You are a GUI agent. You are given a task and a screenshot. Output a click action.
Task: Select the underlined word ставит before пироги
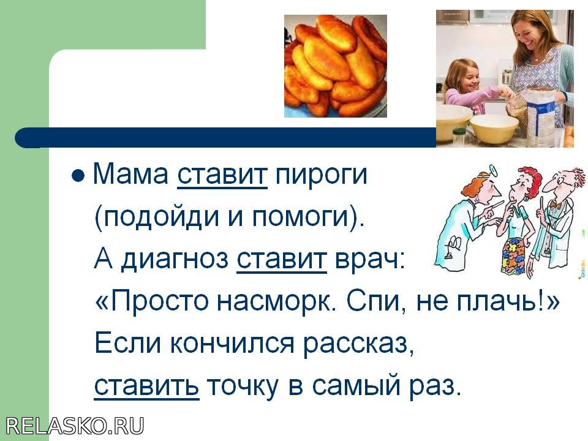tap(222, 175)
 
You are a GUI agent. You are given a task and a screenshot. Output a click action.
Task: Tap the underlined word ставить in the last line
tap(146, 386)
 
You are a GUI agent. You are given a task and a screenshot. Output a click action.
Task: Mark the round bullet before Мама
tap(78, 175)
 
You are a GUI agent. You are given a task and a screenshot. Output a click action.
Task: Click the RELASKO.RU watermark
tap(75, 426)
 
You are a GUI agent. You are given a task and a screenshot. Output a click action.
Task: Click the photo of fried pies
tap(336, 66)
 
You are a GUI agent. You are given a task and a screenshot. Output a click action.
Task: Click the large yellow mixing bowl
tap(494, 128)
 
